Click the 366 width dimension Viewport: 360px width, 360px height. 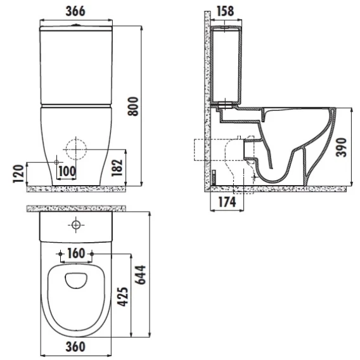click(75, 11)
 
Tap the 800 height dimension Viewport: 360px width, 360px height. click(133, 106)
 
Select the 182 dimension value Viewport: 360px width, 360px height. click(117, 167)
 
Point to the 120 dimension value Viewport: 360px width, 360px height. click(18, 174)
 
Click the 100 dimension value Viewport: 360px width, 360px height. click(67, 171)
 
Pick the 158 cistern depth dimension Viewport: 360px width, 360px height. click(225, 11)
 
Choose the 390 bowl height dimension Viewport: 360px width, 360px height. click(341, 147)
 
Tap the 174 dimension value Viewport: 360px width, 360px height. click(227, 202)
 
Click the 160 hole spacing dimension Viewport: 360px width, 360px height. click(76, 254)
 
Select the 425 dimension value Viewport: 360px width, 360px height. click(122, 297)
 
